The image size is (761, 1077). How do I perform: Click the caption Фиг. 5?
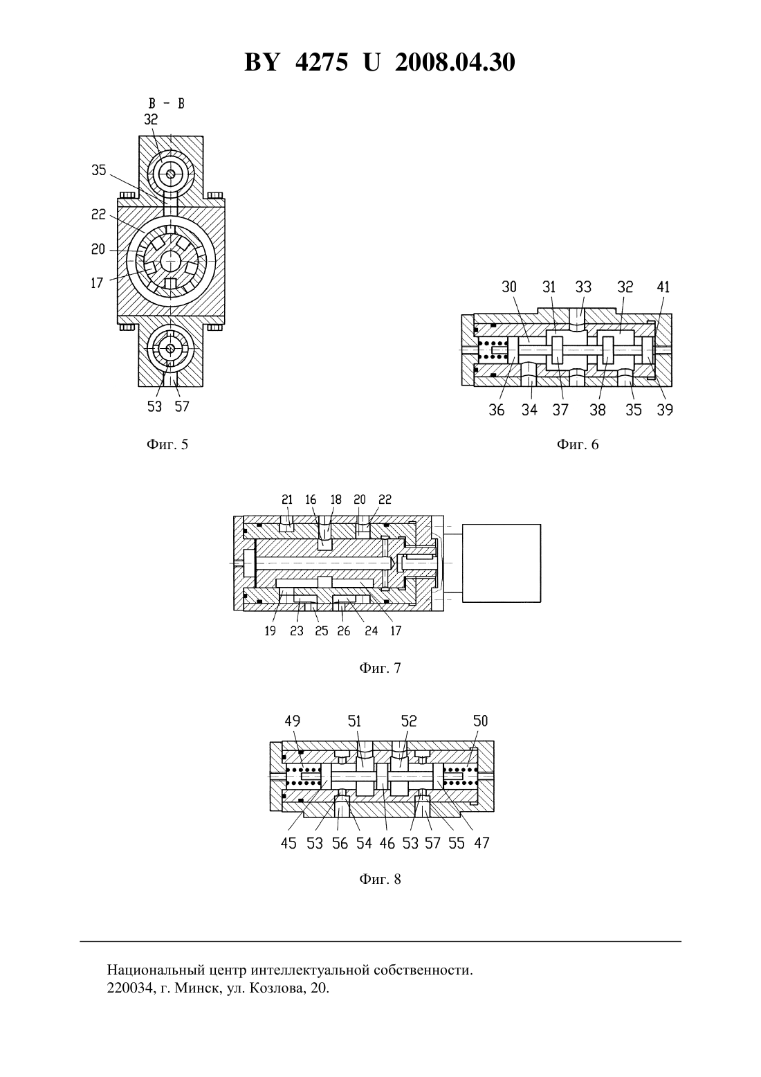pyautogui.click(x=167, y=444)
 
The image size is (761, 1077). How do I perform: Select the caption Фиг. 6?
pyautogui.click(x=578, y=444)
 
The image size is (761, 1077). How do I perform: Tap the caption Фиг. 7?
pyautogui.click(x=380, y=668)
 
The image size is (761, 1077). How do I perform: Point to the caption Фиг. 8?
pyautogui.click(x=380, y=879)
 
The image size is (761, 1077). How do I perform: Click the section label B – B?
pyautogui.click(x=166, y=103)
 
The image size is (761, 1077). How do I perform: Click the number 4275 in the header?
pyautogui.click(x=322, y=62)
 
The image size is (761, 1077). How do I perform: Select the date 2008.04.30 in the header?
pyautogui.click(x=455, y=62)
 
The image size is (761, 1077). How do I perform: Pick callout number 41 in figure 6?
pyautogui.click(x=663, y=287)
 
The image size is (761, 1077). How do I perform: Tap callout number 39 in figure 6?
pyautogui.click(x=665, y=410)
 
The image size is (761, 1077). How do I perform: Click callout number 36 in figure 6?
pyautogui.click(x=497, y=410)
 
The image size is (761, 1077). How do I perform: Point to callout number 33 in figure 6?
pyautogui.click(x=583, y=287)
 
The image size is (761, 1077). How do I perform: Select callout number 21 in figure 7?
pyautogui.click(x=287, y=500)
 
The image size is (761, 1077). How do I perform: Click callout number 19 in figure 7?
pyautogui.click(x=271, y=631)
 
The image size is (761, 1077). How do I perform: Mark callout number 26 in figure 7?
pyautogui.click(x=344, y=631)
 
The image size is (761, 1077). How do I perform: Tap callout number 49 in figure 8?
pyautogui.click(x=293, y=721)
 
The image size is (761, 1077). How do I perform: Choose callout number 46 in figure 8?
pyautogui.click(x=387, y=843)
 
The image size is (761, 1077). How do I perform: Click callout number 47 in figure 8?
pyautogui.click(x=482, y=843)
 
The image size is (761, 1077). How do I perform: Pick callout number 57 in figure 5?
pyautogui.click(x=182, y=407)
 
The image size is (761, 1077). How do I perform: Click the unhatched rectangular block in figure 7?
pyautogui.click(x=502, y=563)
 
